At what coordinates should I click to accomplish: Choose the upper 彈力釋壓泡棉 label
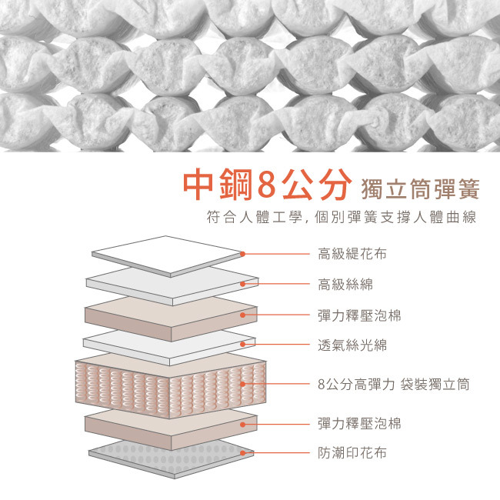(x=358, y=315)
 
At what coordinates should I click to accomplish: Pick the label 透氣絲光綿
(x=352, y=345)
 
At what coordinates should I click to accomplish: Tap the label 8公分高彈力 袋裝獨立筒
(x=393, y=383)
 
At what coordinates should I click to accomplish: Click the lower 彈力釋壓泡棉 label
(x=358, y=423)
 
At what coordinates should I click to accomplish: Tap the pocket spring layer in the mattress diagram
(x=169, y=385)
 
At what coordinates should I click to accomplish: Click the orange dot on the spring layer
(x=243, y=383)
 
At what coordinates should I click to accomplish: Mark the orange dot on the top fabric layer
(x=243, y=253)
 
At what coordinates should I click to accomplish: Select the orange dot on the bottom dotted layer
(x=243, y=453)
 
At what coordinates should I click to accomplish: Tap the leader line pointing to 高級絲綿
(x=277, y=284)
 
